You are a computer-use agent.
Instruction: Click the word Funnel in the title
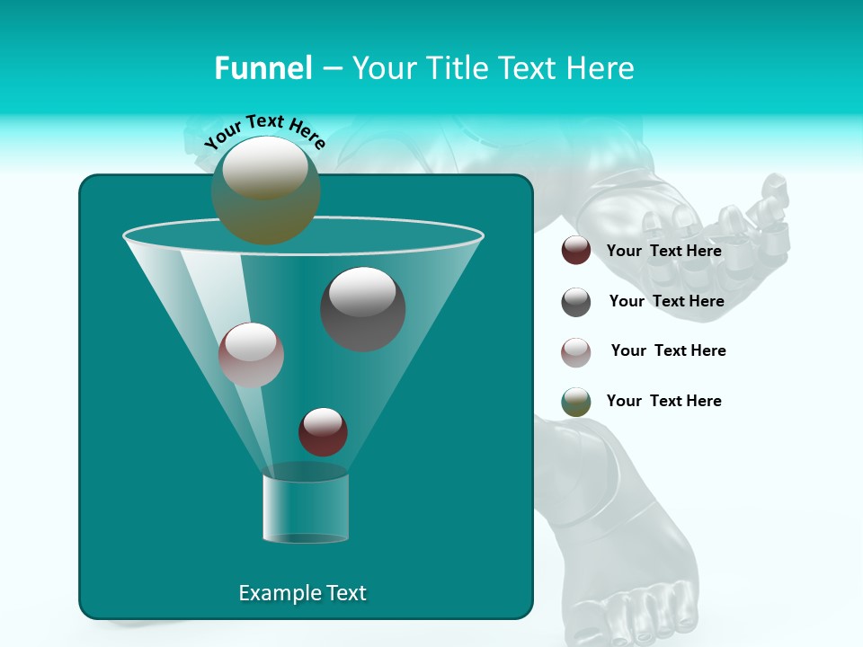coord(262,68)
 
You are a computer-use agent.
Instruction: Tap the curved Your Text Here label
coord(264,132)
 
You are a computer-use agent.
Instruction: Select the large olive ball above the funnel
coord(265,190)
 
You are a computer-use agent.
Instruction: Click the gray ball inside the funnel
coord(362,308)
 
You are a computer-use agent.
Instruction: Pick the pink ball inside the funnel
coord(251,354)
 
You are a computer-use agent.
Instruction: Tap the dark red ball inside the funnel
coord(323,431)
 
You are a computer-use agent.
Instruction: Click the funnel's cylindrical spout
coord(306,508)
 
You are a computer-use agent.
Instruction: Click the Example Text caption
coord(302,593)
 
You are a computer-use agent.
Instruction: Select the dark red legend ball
coord(576,251)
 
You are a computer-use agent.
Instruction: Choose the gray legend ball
coord(576,302)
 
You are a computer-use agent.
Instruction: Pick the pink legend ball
coord(576,352)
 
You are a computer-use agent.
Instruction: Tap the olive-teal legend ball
coord(576,402)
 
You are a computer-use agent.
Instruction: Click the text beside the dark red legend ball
coord(663,252)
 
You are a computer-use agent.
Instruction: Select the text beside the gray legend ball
coord(666,302)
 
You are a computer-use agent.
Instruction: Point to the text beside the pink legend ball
coord(668,351)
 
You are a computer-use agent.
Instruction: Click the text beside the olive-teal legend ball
coord(663,402)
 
